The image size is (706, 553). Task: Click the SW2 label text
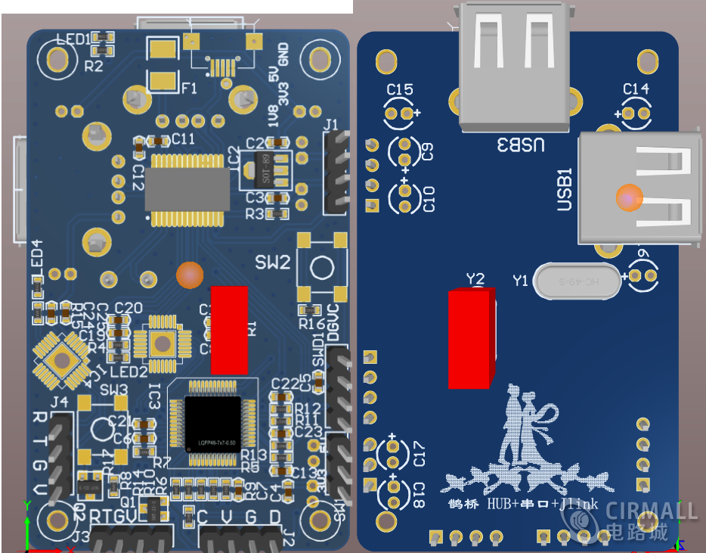[x=272, y=263]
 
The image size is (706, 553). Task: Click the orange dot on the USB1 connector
[x=629, y=197]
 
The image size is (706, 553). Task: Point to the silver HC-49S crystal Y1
[x=579, y=281]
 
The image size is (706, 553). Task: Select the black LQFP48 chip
[x=213, y=424]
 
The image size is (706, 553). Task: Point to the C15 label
[x=400, y=90]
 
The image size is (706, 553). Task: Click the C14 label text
[x=636, y=89]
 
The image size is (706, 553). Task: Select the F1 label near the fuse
[x=189, y=89]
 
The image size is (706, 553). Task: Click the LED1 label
[x=72, y=39]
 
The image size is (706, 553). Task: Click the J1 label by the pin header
[x=331, y=125]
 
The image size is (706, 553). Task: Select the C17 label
[x=420, y=457]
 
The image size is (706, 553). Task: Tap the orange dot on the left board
[x=190, y=275]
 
